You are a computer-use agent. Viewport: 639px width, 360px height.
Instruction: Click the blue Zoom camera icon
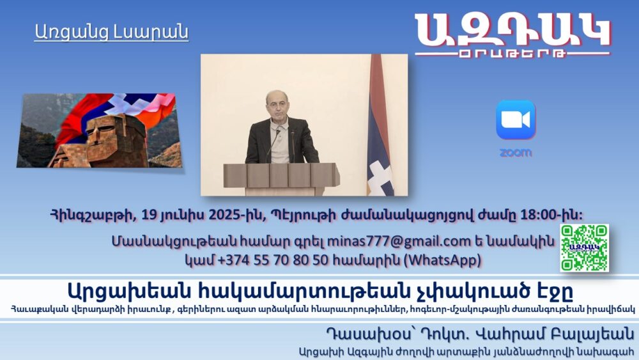coord(516,120)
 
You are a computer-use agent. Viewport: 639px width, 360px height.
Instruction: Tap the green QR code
coord(585,247)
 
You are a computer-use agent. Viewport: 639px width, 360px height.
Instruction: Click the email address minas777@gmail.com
coord(399,241)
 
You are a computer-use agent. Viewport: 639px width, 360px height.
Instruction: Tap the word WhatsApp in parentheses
coord(442,260)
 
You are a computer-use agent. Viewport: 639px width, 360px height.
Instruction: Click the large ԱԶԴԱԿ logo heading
coord(512,30)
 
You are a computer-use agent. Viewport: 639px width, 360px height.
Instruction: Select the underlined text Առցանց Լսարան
coord(111,32)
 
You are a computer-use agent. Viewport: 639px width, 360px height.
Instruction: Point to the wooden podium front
coord(282,175)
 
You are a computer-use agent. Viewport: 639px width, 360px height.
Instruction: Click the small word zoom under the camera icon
coord(516,153)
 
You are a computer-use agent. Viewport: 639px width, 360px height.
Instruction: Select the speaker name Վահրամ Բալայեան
coord(555,334)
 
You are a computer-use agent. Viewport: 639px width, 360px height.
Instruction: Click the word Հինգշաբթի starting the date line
coord(93,215)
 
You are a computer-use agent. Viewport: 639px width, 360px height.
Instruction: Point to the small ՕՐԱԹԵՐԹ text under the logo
coord(512,54)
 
